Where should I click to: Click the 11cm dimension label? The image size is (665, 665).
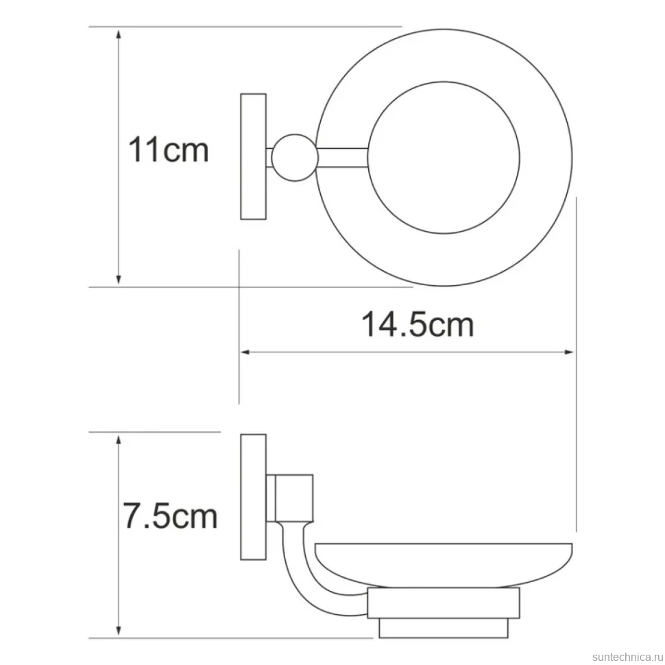[x=169, y=149]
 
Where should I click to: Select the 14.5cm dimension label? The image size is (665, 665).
[x=418, y=325]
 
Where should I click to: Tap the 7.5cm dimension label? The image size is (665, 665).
[x=170, y=516]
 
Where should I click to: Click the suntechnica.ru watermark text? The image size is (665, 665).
[x=628, y=657]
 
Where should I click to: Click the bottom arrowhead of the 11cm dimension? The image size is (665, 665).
[x=119, y=279]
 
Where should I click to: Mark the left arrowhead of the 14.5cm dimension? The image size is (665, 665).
[x=246, y=352]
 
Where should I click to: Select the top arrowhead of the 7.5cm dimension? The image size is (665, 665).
[x=119, y=441]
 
